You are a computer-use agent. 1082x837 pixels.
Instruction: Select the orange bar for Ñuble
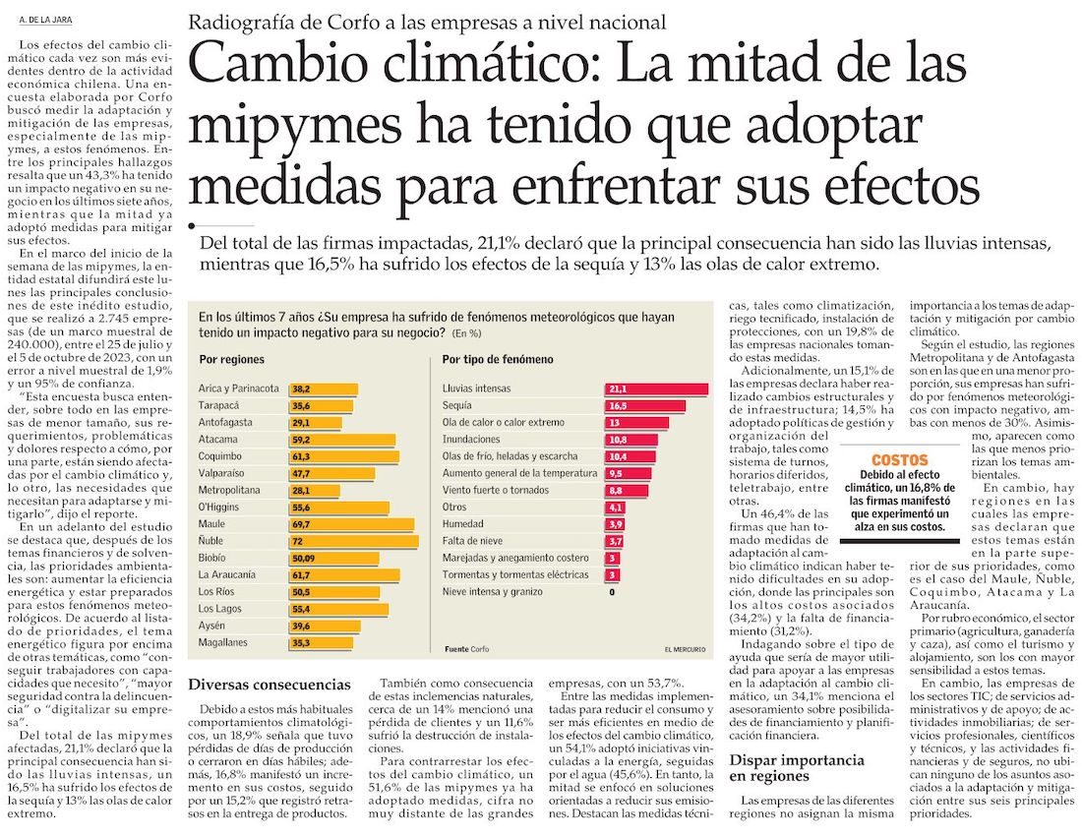pos(353,540)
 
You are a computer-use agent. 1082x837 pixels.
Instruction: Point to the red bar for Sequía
pos(644,405)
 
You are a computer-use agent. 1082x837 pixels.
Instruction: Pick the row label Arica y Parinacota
pos(237,389)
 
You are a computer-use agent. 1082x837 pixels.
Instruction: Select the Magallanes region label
pos(222,642)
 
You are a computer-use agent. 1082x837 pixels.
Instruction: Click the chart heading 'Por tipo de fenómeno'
pos(497,360)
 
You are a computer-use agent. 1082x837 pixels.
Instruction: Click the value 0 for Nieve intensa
pos(611,591)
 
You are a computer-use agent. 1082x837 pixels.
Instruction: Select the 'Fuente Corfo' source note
pos(466,650)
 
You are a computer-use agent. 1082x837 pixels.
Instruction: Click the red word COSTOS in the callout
pos(899,459)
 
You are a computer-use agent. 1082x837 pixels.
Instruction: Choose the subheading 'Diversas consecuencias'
pos(269,684)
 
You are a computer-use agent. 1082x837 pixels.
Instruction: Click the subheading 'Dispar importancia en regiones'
pos(797,768)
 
